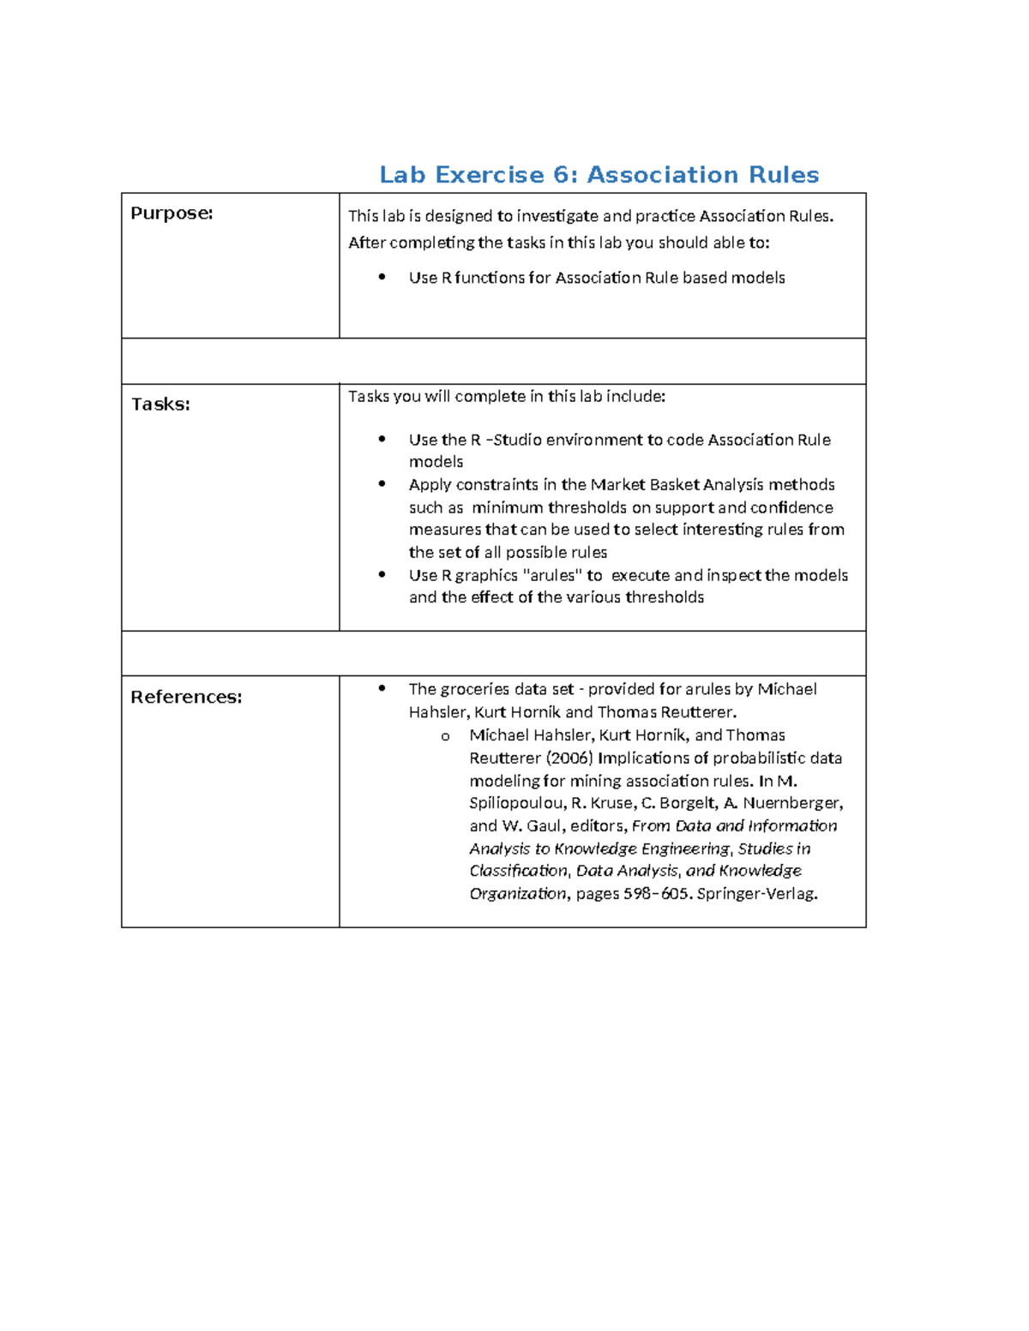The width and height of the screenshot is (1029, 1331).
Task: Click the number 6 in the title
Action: point(563,175)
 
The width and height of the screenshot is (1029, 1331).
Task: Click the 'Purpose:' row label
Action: point(171,213)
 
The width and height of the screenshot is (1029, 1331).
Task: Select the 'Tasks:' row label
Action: point(160,405)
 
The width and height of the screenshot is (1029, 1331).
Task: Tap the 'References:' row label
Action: point(186,698)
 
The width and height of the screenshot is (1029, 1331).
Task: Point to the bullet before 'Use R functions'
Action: point(382,277)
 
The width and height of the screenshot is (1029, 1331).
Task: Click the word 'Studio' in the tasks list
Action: point(517,441)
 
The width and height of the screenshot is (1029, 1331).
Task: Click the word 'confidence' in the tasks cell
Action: point(793,507)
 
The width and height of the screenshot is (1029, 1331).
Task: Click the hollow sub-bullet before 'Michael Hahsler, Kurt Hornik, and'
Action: point(445,736)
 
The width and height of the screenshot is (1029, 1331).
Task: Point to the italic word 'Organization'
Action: point(518,894)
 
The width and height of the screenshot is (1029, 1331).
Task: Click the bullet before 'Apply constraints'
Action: point(382,484)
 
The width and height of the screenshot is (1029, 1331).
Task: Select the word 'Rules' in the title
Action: point(784,175)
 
